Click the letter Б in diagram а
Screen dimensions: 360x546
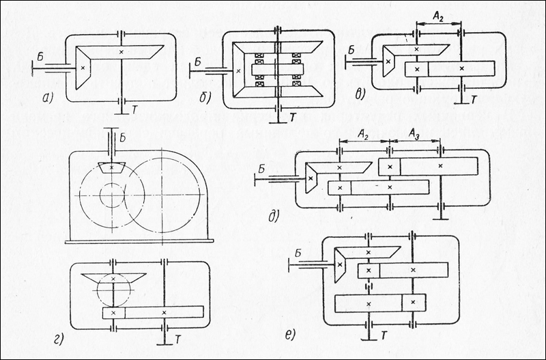tap(40, 59)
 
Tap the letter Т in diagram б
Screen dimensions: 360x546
tap(291, 118)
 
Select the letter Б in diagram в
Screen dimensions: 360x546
tap(351, 49)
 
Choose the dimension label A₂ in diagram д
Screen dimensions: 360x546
tap(363, 135)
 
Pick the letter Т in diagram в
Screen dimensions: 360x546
tap(474, 100)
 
